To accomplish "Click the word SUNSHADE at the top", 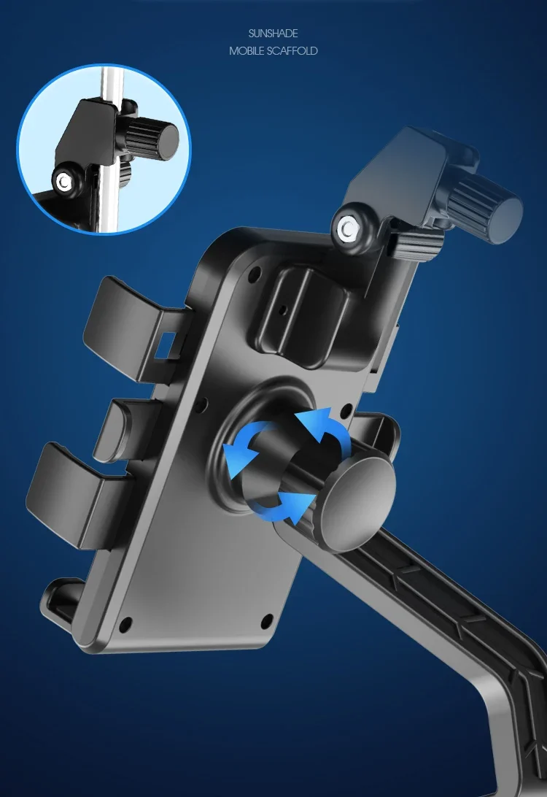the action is [x=273, y=34].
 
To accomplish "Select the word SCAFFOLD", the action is [x=292, y=51].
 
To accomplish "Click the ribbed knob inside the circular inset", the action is [x=151, y=137].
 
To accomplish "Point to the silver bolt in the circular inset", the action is [x=64, y=182].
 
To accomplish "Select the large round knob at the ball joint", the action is [x=357, y=503].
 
